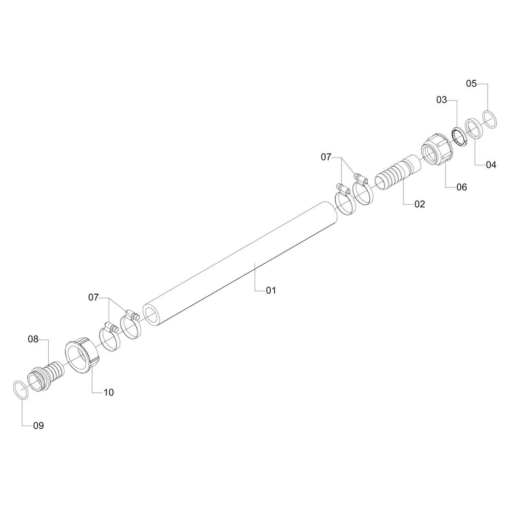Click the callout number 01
point(271,291)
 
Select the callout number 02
point(419,204)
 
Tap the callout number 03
point(441,100)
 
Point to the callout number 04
point(491,165)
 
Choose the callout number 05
point(471,84)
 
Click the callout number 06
point(462,187)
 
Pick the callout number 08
point(33,339)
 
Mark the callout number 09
point(39,425)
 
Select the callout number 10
point(109,392)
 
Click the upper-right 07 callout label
point(326,157)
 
